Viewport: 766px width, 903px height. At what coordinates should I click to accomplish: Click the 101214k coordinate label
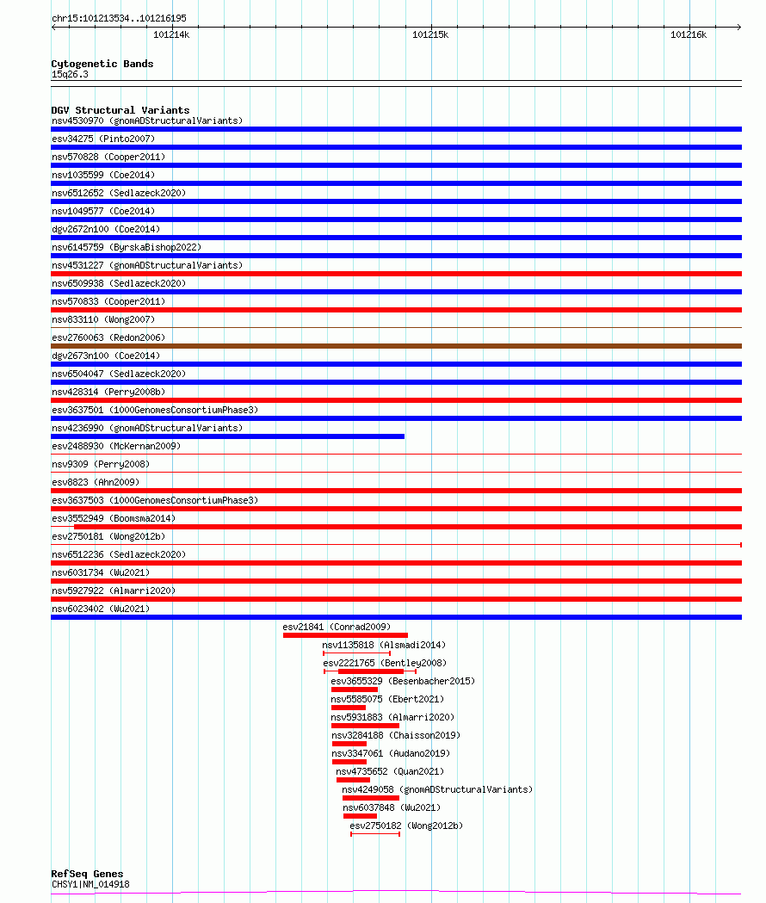click(x=171, y=35)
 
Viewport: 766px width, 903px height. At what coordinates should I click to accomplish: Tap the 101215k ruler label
click(x=430, y=35)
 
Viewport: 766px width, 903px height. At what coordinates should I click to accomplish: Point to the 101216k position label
click(x=689, y=35)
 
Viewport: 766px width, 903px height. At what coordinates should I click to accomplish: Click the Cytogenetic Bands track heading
click(x=102, y=64)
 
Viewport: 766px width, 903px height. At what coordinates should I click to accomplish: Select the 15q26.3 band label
click(x=70, y=74)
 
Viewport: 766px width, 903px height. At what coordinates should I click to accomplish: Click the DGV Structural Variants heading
click(x=120, y=110)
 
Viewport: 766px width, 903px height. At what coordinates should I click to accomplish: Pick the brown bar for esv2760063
click(x=396, y=346)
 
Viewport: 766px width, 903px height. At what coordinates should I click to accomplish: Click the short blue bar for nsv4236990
click(x=227, y=436)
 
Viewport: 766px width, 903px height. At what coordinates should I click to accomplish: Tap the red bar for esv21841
click(x=345, y=635)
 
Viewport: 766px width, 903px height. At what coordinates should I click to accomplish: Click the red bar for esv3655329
click(x=354, y=690)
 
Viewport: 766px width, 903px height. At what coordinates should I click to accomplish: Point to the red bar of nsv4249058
click(x=370, y=798)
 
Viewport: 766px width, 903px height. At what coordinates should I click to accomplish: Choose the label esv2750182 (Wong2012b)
click(x=406, y=826)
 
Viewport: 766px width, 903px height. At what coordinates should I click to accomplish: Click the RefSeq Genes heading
click(x=87, y=874)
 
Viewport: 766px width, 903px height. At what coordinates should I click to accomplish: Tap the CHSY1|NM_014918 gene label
click(x=90, y=884)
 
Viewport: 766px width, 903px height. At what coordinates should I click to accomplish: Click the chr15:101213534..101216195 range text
click(x=119, y=18)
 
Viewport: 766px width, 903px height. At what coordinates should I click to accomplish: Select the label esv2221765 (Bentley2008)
click(x=385, y=663)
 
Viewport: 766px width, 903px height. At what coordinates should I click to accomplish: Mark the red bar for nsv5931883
click(x=365, y=726)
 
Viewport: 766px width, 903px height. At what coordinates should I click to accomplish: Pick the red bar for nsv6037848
click(x=360, y=816)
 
